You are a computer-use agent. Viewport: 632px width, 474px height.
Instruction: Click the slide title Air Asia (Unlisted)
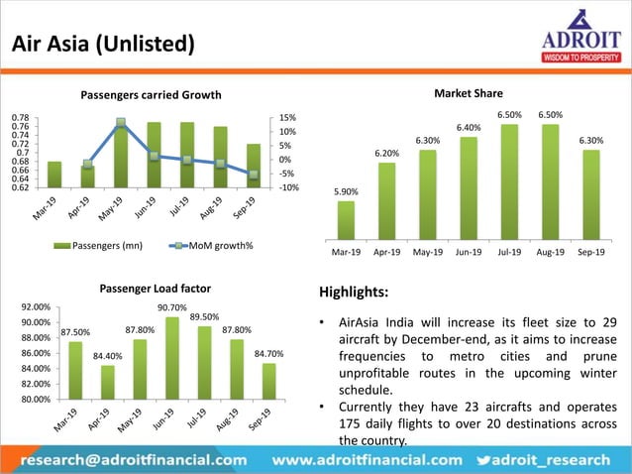pos(102,45)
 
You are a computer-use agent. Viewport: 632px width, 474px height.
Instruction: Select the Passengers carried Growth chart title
pos(151,95)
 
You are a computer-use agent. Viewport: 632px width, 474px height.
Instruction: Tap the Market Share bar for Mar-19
pos(346,220)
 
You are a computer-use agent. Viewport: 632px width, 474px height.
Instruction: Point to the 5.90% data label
pos(346,191)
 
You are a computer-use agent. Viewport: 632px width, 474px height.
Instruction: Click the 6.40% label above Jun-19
pos(468,128)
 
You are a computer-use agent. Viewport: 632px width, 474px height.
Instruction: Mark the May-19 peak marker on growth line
pos(120,124)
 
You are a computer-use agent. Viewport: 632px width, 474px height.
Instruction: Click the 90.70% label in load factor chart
pos(172,307)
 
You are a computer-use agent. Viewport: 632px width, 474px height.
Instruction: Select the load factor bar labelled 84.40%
pos(108,382)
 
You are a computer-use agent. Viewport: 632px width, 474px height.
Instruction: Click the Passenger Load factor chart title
pos(156,289)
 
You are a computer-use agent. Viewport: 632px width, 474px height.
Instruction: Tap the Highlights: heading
pos(353,294)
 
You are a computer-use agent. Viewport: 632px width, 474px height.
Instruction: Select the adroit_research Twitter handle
pos(562,460)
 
